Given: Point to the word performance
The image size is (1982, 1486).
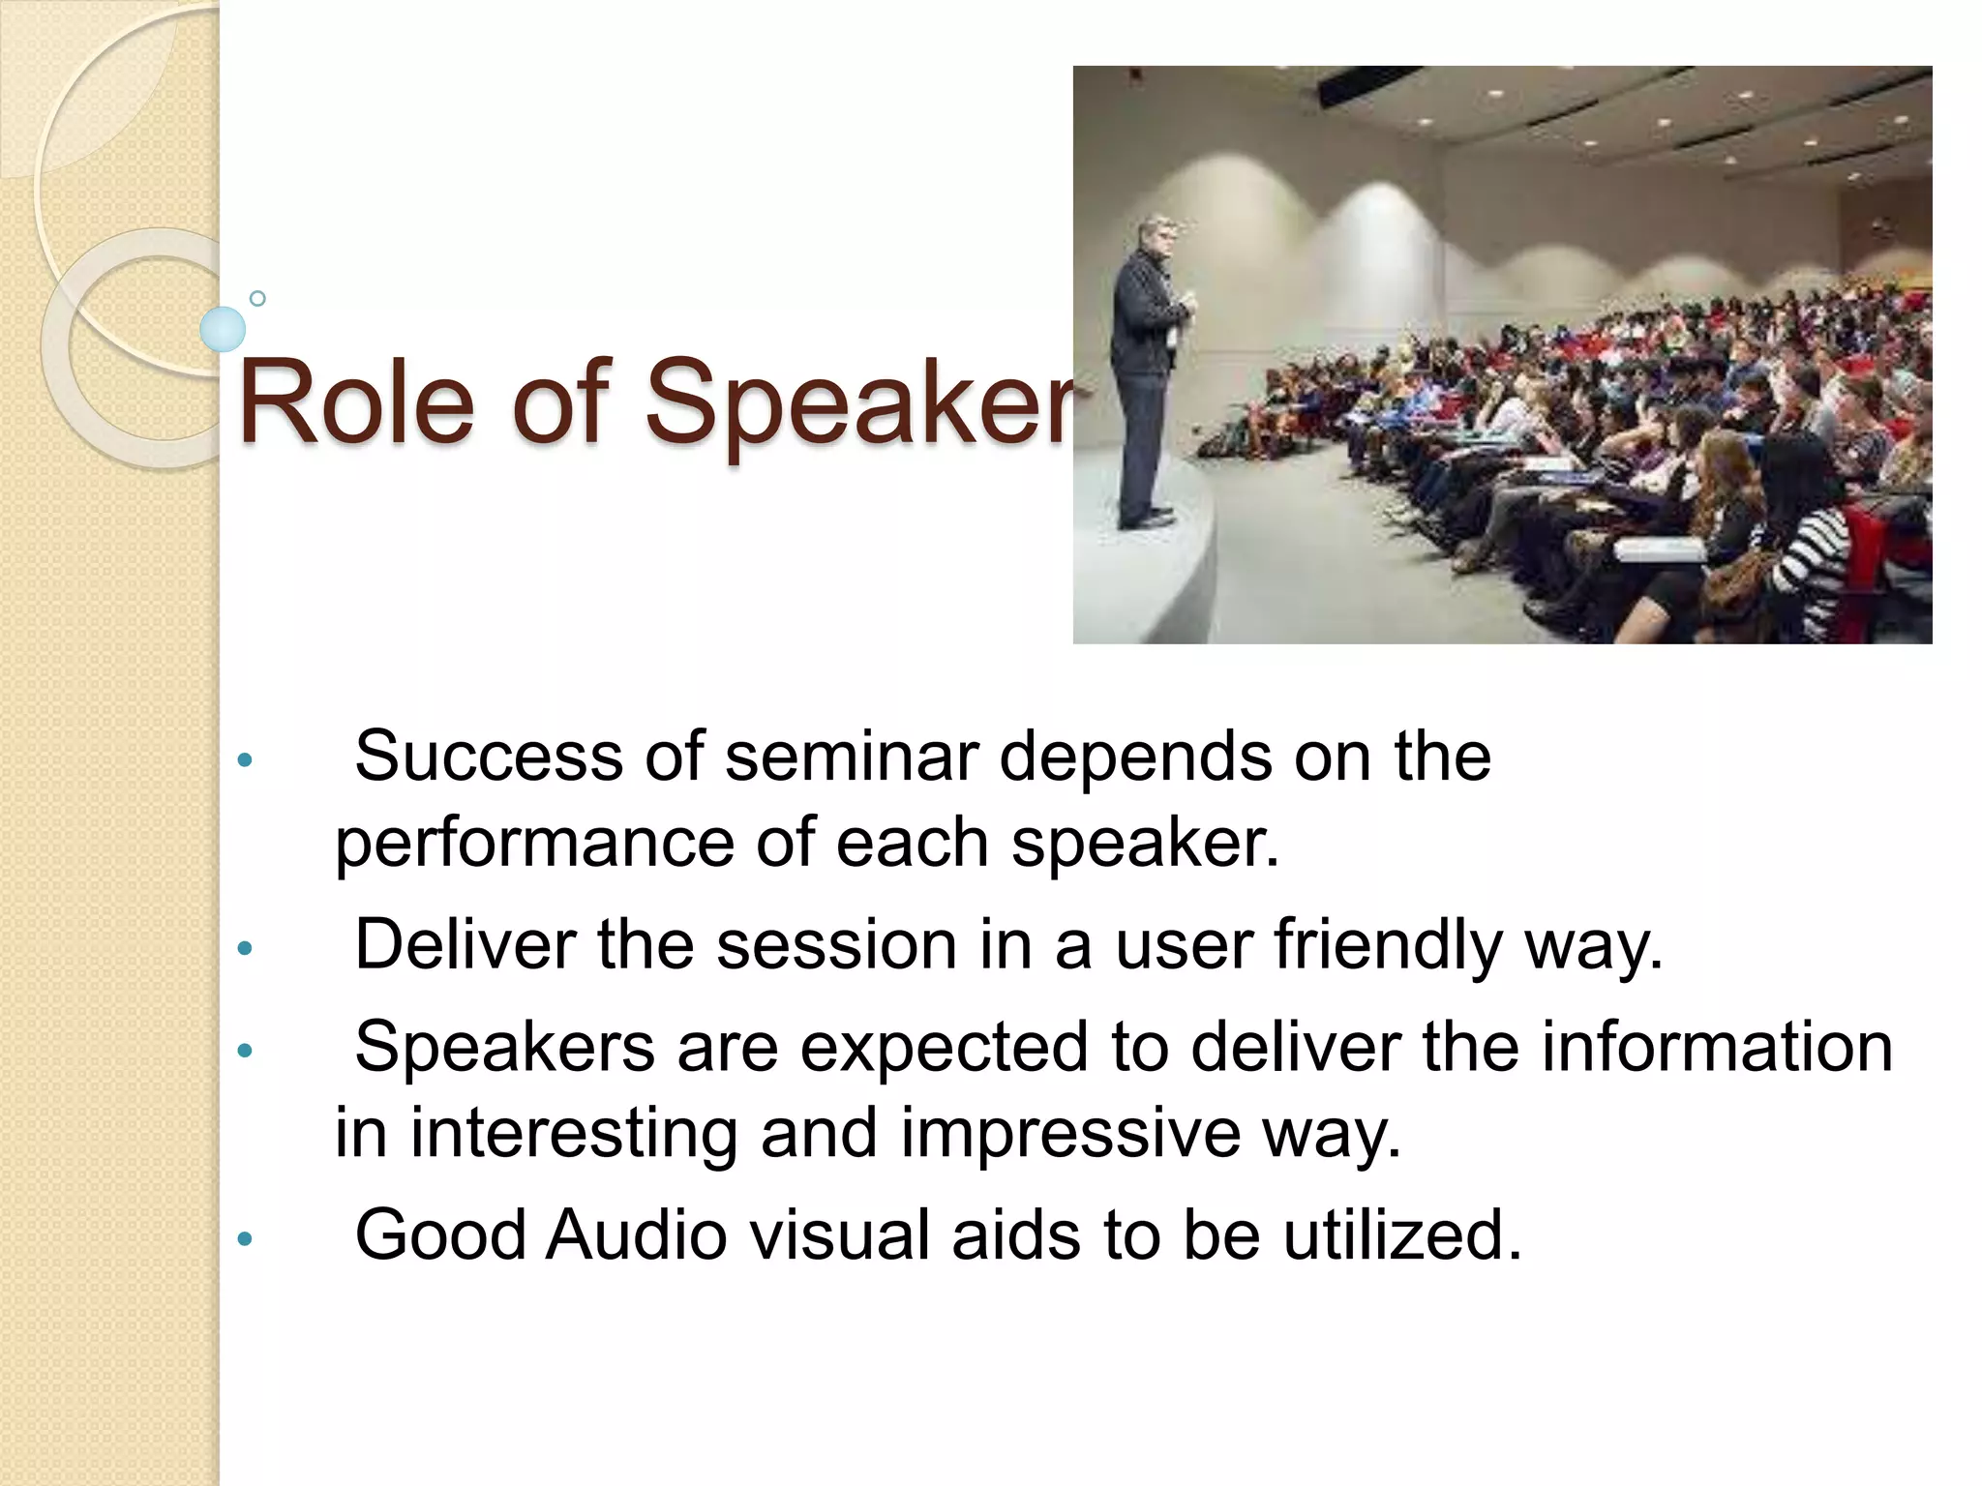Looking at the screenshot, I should point(534,844).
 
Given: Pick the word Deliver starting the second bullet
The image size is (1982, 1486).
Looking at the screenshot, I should point(465,944).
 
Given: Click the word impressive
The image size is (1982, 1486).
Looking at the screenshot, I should point(1070,1133).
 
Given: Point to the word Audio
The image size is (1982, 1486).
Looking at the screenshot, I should point(636,1235).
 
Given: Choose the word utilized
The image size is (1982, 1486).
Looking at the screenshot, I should point(1402,1235).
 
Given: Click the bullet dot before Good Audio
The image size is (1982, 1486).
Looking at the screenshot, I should point(245,1237).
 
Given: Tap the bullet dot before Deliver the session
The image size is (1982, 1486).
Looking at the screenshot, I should point(245,947).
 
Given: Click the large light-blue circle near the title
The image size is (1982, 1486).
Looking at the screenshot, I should point(223,329).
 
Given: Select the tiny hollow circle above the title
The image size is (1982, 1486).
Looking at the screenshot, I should point(257,298).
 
